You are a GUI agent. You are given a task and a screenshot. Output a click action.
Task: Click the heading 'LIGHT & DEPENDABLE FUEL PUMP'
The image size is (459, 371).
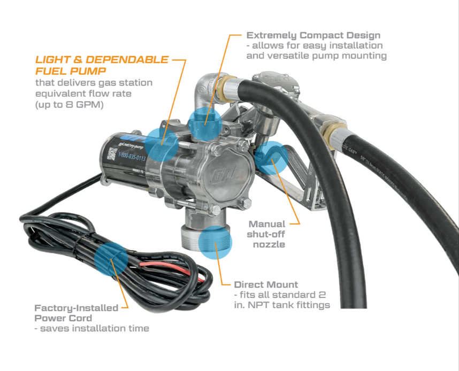(x=102, y=65)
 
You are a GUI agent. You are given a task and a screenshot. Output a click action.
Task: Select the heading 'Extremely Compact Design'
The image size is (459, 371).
(x=313, y=35)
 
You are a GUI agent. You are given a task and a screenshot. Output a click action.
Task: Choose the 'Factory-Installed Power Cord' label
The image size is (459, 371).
(x=76, y=313)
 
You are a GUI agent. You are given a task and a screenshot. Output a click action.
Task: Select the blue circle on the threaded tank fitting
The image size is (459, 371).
(x=215, y=243)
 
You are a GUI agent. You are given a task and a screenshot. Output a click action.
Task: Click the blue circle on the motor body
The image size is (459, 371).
(x=162, y=144)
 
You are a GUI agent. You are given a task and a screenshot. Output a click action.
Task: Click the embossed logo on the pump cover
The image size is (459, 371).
(x=225, y=174)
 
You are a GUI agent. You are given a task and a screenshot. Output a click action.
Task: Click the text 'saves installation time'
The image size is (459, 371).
(x=91, y=328)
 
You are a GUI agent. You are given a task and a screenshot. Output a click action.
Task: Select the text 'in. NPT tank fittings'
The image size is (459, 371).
(x=282, y=305)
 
